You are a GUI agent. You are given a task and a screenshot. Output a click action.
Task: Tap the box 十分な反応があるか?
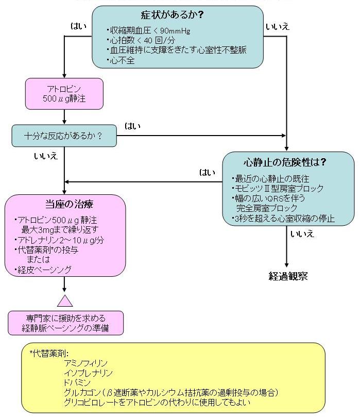click(63, 136)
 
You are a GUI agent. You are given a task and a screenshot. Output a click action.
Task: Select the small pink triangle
click(65, 301)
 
